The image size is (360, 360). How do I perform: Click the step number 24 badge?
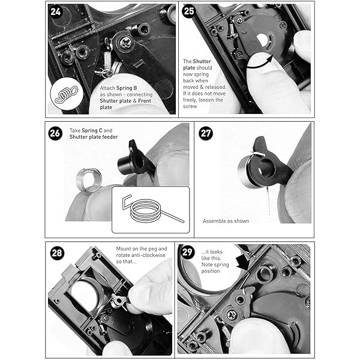pos(57,12)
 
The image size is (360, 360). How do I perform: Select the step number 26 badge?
pos(55,133)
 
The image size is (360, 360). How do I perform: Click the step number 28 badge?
pos(56,253)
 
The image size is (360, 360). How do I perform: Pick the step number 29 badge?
pos(187,253)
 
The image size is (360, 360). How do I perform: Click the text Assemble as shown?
pos(226,221)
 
